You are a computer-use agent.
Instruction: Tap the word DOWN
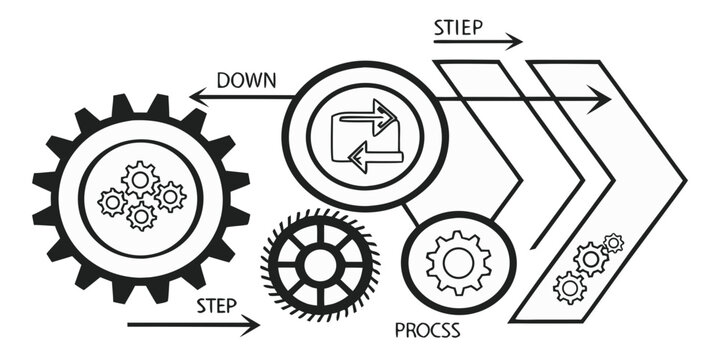246,80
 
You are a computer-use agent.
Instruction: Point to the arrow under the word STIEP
478,43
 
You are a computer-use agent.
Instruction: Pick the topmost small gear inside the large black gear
140,179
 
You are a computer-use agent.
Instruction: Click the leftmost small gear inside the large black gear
112,202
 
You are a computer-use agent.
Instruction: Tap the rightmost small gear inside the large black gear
170,196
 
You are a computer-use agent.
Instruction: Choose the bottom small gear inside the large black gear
142,214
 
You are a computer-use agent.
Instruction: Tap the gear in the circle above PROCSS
458,263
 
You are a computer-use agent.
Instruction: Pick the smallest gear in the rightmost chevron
613,242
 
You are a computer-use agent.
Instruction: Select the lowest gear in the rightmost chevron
570,287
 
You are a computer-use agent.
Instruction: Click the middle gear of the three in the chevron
591,259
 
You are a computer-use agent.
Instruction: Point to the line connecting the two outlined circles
409,213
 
